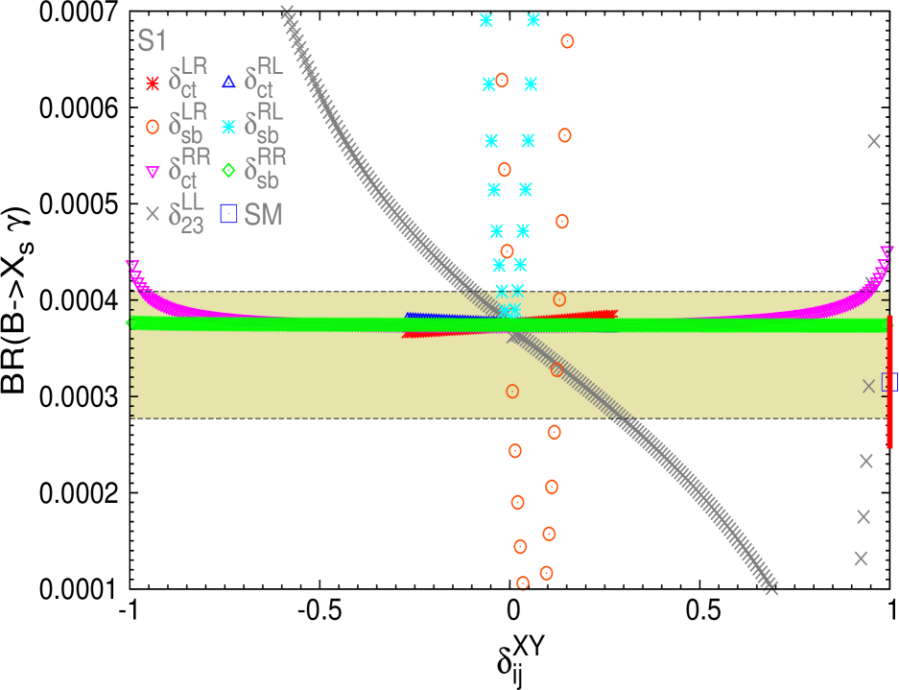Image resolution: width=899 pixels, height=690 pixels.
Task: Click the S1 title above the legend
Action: click(x=153, y=40)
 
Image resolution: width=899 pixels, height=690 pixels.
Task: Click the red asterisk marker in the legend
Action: click(x=152, y=83)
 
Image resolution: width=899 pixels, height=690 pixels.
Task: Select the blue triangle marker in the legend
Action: click(x=228, y=83)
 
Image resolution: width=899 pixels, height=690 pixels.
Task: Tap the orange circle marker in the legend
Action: click(x=152, y=127)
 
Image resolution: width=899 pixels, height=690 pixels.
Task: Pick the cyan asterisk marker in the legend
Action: click(x=228, y=127)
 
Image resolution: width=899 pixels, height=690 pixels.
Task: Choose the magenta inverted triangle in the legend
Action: click(x=152, y=172)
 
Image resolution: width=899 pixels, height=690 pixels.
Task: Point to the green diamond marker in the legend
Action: click(x=228, y=171)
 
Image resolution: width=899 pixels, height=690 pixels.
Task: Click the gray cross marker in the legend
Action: click(x=152, y=214)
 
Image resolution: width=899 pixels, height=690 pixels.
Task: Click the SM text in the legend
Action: click(x=264, y=215)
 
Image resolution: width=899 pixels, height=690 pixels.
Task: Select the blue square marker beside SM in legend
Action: click(x=228, y=214)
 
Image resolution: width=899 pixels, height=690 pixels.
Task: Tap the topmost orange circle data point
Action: click(x=567, y=41)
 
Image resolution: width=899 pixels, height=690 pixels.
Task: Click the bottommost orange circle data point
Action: click(x=523, y=583)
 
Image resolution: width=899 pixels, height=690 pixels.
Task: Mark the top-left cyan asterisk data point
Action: click(x=486, y=19)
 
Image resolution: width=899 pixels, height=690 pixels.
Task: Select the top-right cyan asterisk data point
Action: click(x=533, y=19)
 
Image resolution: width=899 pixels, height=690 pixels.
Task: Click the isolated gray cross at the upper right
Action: click(x=873, y=141)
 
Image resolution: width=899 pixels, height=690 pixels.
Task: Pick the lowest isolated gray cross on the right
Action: click(x=861, y=558)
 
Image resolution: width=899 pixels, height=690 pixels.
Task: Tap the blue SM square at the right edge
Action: click(x=889, y=382)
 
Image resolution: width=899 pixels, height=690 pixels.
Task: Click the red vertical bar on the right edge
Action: click(x=890, y=381)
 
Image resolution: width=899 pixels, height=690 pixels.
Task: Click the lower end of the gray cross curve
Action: click(x=770, y=587)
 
